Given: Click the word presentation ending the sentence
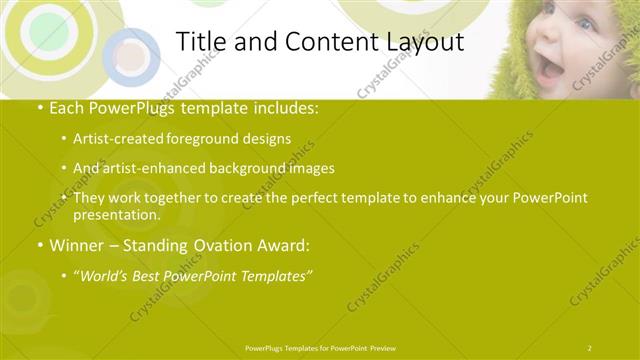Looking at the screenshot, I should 115,214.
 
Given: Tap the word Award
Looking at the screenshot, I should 290,245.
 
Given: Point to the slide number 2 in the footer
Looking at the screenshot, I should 590,347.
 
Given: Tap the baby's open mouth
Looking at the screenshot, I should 550,67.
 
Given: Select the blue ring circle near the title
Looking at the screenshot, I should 130,55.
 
